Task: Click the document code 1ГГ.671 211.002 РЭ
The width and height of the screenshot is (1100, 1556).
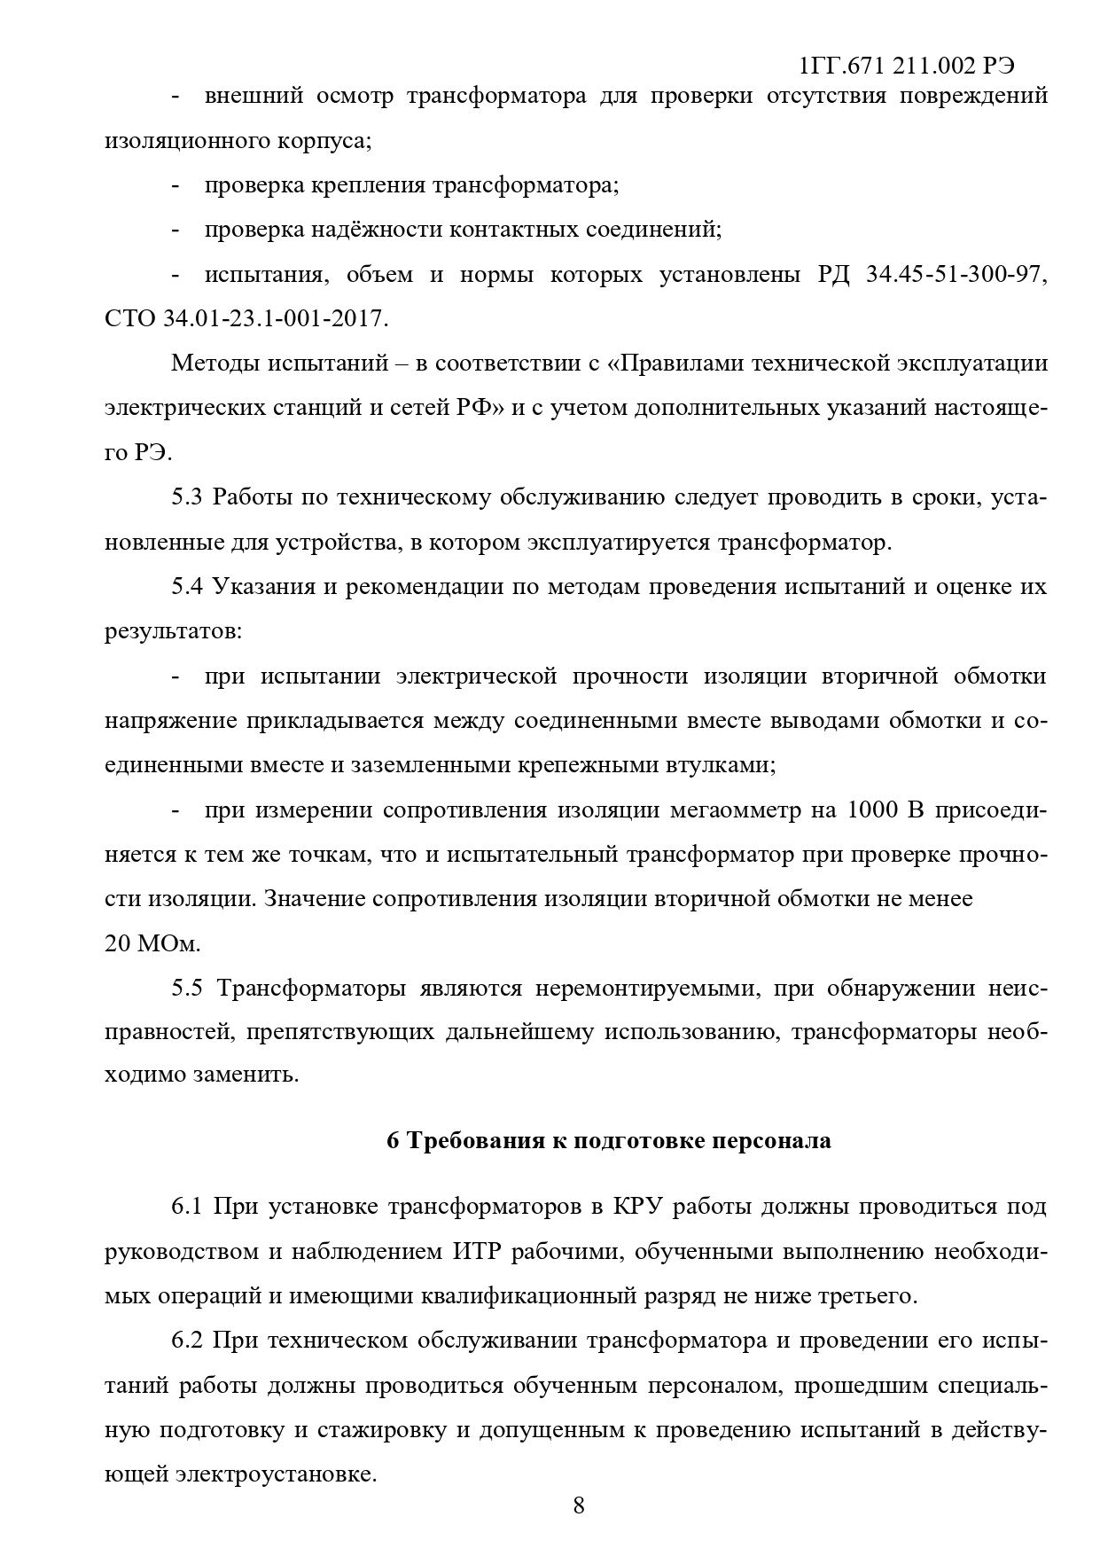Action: tap(906, 66)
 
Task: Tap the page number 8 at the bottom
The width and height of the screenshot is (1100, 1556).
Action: tap(579, 1505)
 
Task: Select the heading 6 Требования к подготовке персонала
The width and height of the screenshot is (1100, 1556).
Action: tap(609, 1140)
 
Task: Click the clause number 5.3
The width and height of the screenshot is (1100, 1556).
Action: tap(187, 497)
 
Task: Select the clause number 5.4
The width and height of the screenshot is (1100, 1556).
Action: tap(187, 587)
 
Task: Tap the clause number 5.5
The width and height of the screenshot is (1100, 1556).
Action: tap(187, 988)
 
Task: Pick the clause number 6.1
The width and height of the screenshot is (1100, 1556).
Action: tap(187, 1207)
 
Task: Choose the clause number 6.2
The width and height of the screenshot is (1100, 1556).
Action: tap(187, 1341)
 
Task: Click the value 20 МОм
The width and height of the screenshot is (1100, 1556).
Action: tap(153, 943)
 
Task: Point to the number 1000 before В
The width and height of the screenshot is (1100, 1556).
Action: tap(873, 810)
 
